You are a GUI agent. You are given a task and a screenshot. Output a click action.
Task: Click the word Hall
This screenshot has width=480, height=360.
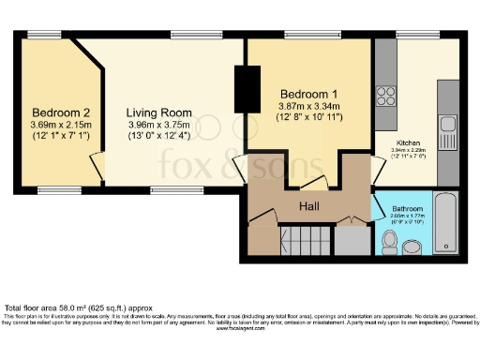311,205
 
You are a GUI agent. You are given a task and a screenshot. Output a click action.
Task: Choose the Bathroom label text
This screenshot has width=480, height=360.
407,207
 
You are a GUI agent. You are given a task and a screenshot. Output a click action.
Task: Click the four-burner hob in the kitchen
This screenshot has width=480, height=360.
385,95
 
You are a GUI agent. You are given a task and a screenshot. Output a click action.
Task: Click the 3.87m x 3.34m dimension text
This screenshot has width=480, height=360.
310,109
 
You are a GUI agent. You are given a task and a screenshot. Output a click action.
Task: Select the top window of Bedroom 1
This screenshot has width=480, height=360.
310,37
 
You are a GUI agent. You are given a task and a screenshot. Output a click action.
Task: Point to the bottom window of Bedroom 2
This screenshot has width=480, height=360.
54,190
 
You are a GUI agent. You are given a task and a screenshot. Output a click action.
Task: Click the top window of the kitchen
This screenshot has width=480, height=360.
411,37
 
